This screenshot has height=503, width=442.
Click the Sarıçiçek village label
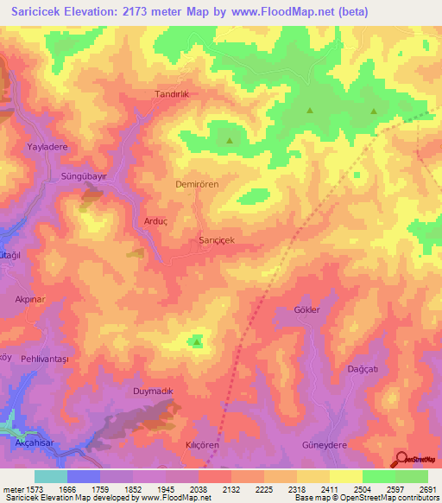tap(217, 239)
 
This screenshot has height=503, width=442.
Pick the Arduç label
tap(155, 221)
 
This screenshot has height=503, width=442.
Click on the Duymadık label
tap(154, 392)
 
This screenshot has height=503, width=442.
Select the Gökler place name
tap(307, 309)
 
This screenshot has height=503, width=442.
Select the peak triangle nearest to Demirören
tap(230, 140)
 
